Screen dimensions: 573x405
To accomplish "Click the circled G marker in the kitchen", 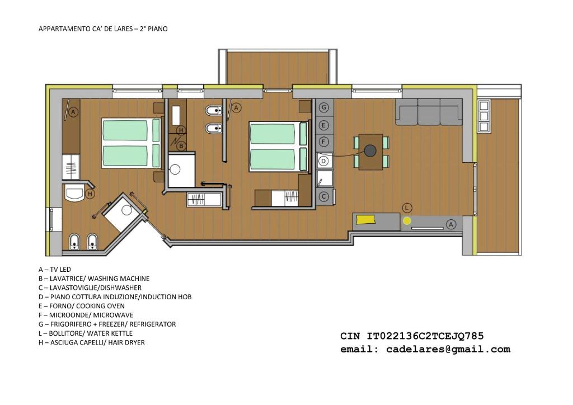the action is pyautogui.click(x=324, y=107).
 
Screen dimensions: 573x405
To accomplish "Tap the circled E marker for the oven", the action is pyautogui.click(x=324, y=125).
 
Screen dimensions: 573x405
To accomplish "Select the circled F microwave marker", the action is pyautogui.click(x=324, y=142).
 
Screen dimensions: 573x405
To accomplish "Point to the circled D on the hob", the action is pyautogui.click(x=323, y=161).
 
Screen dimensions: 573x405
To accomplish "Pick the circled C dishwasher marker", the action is pyautogui.click(x=324, y=196).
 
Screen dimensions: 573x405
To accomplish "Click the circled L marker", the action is pyautogui.click(x=407, y=208).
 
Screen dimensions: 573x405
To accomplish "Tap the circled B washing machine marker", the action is pyautogui.click(x=181, y=146).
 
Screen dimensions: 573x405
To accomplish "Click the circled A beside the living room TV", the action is pyautogui.click(x=451, y=224).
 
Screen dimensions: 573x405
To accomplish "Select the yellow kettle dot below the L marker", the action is pyautogui.click(x=407, y=220).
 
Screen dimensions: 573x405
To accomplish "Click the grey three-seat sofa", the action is pyautogui.click(x=429, y=112).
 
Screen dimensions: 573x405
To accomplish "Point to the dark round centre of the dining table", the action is pyautogui.click(x=370, y=150).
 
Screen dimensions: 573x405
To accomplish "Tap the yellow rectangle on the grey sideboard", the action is pyautogui.click(x=366, y=219).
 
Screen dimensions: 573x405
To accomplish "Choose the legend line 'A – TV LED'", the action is pyautogui.click(x=55, y=270).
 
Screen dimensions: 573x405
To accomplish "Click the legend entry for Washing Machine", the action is pyautogui.click(x=94, y=279).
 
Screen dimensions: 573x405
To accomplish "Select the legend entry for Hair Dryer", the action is pyautogui.click(x=91, y=342).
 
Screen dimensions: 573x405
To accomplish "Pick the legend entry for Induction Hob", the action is pyautogui.click(x=115, y=297).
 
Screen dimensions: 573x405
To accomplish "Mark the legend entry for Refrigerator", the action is pyautogui.click(x=107, y=324).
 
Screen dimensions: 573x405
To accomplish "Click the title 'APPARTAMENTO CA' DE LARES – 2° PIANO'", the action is pyautogui.click(x=103, y=29).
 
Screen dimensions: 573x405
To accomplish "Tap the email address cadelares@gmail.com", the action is pyautogui.click(x=448, y=350).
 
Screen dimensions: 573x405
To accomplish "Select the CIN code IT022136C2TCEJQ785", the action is pyautogui.click(x=425, y=336).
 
